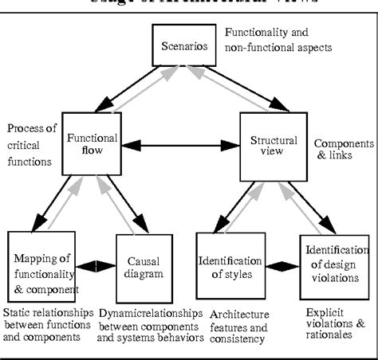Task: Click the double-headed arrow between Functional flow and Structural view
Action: coord(186,147)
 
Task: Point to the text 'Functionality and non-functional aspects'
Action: coord(278,40)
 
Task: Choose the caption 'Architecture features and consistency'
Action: coord(237,326)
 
